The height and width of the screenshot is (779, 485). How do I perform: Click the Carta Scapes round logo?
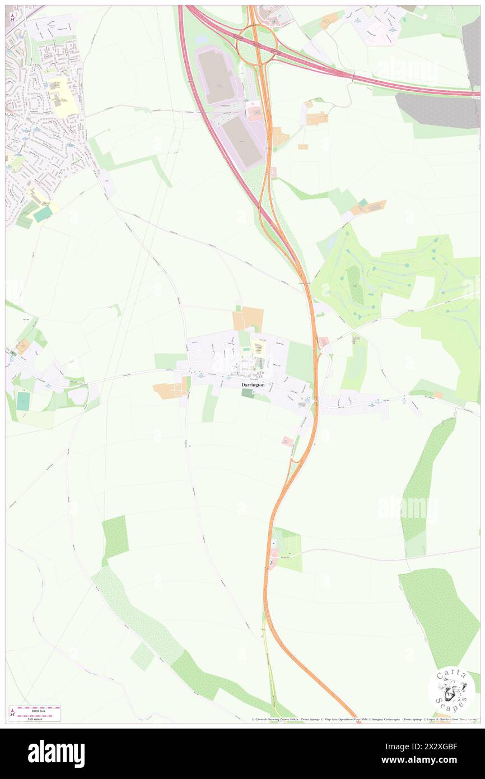tap(451, 689)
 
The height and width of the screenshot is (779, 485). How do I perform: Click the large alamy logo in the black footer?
tap(56, 754)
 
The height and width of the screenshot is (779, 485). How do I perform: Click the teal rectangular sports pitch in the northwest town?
tap(43, 214)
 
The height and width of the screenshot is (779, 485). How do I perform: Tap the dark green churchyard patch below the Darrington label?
tap(248, 394)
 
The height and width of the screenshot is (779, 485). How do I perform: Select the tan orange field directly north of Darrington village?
tap(248, 319)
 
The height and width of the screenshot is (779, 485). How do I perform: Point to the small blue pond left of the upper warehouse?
tap(202, 40)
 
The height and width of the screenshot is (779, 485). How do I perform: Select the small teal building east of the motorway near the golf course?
tap(363, 202)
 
